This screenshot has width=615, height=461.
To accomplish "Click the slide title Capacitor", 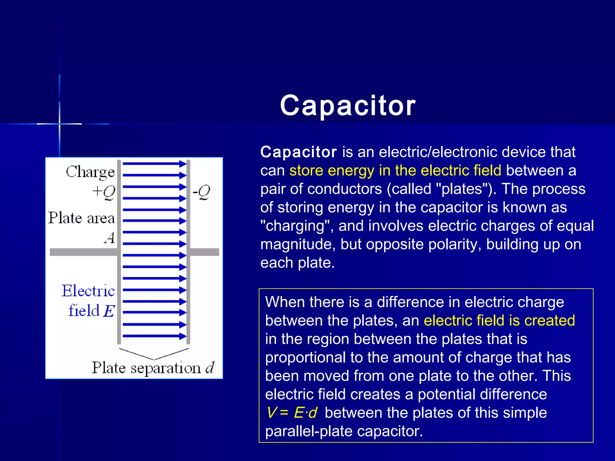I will pos(348,105).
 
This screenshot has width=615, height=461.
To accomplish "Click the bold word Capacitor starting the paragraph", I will pos(298,152).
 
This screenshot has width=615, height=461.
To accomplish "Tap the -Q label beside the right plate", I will pos(201,192).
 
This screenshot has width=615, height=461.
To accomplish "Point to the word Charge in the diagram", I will pos(90,172).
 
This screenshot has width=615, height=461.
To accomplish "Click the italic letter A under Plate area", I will pos(110,238).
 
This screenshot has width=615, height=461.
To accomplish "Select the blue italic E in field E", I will pos(109,311).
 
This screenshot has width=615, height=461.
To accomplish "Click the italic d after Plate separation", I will pos(210,367).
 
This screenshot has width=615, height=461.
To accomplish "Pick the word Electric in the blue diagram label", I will pos(88,291).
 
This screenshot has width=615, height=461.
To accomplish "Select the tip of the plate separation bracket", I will pos(154,359).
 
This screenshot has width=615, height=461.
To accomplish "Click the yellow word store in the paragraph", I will pos(306,170).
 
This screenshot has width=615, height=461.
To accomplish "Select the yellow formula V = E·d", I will pos(292,413).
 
